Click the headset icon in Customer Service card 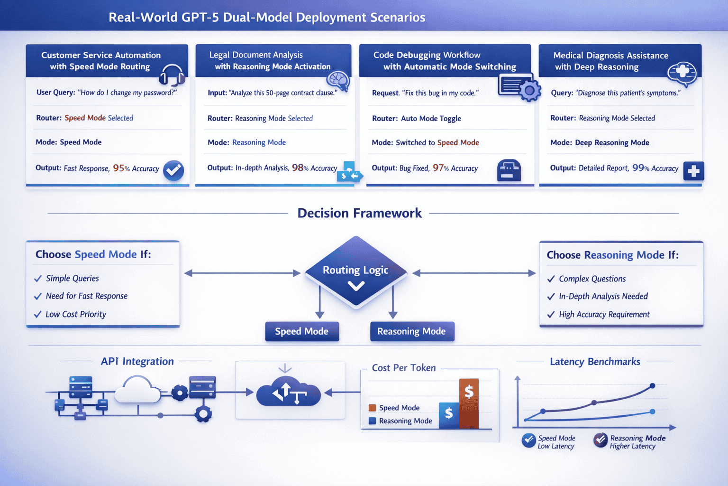(172, 75)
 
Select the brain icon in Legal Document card (338, 80)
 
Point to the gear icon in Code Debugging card (530, 90)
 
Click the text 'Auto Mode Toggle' (431, 118)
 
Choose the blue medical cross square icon (693, 171)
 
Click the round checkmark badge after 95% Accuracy (173, 170)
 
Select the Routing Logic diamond (355, 273)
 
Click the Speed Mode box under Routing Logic (302, 331)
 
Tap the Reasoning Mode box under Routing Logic (411, 331)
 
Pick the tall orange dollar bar (469, 403)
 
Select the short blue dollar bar (449, 415)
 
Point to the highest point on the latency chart (652, 386)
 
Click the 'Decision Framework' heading (359, 213)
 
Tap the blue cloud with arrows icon (288, 392)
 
